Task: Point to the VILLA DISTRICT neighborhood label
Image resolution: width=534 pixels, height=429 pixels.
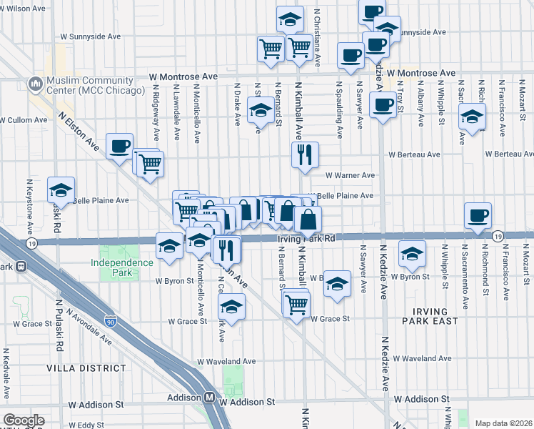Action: tap(86, 368)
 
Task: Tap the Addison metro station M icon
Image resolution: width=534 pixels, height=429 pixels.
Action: tap(210, 398)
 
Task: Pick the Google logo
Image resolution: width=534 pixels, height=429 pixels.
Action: tap(24, 420)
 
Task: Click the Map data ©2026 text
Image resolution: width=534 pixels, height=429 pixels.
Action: tap(503, 423)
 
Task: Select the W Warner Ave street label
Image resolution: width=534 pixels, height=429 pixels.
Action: tap(350, 175)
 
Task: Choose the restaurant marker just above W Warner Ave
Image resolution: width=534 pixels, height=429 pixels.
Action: tap(305, 154)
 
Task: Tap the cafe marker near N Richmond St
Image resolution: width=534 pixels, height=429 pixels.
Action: tap(478, 215)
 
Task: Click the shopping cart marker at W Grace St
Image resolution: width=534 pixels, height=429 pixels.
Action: tap(296, 304)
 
